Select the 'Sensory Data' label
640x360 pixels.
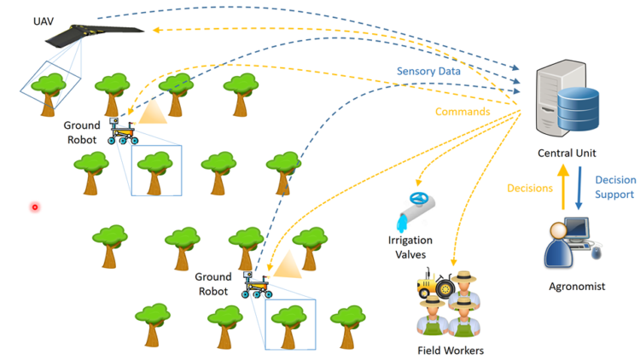429,71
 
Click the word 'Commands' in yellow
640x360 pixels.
463,111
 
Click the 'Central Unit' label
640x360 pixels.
566,154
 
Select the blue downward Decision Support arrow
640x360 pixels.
579,188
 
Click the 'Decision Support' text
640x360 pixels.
614,188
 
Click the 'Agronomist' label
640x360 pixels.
577,287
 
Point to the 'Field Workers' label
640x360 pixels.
450,351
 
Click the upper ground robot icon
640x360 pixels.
124,131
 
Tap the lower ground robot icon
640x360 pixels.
255,285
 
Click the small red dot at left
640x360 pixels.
35,206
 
